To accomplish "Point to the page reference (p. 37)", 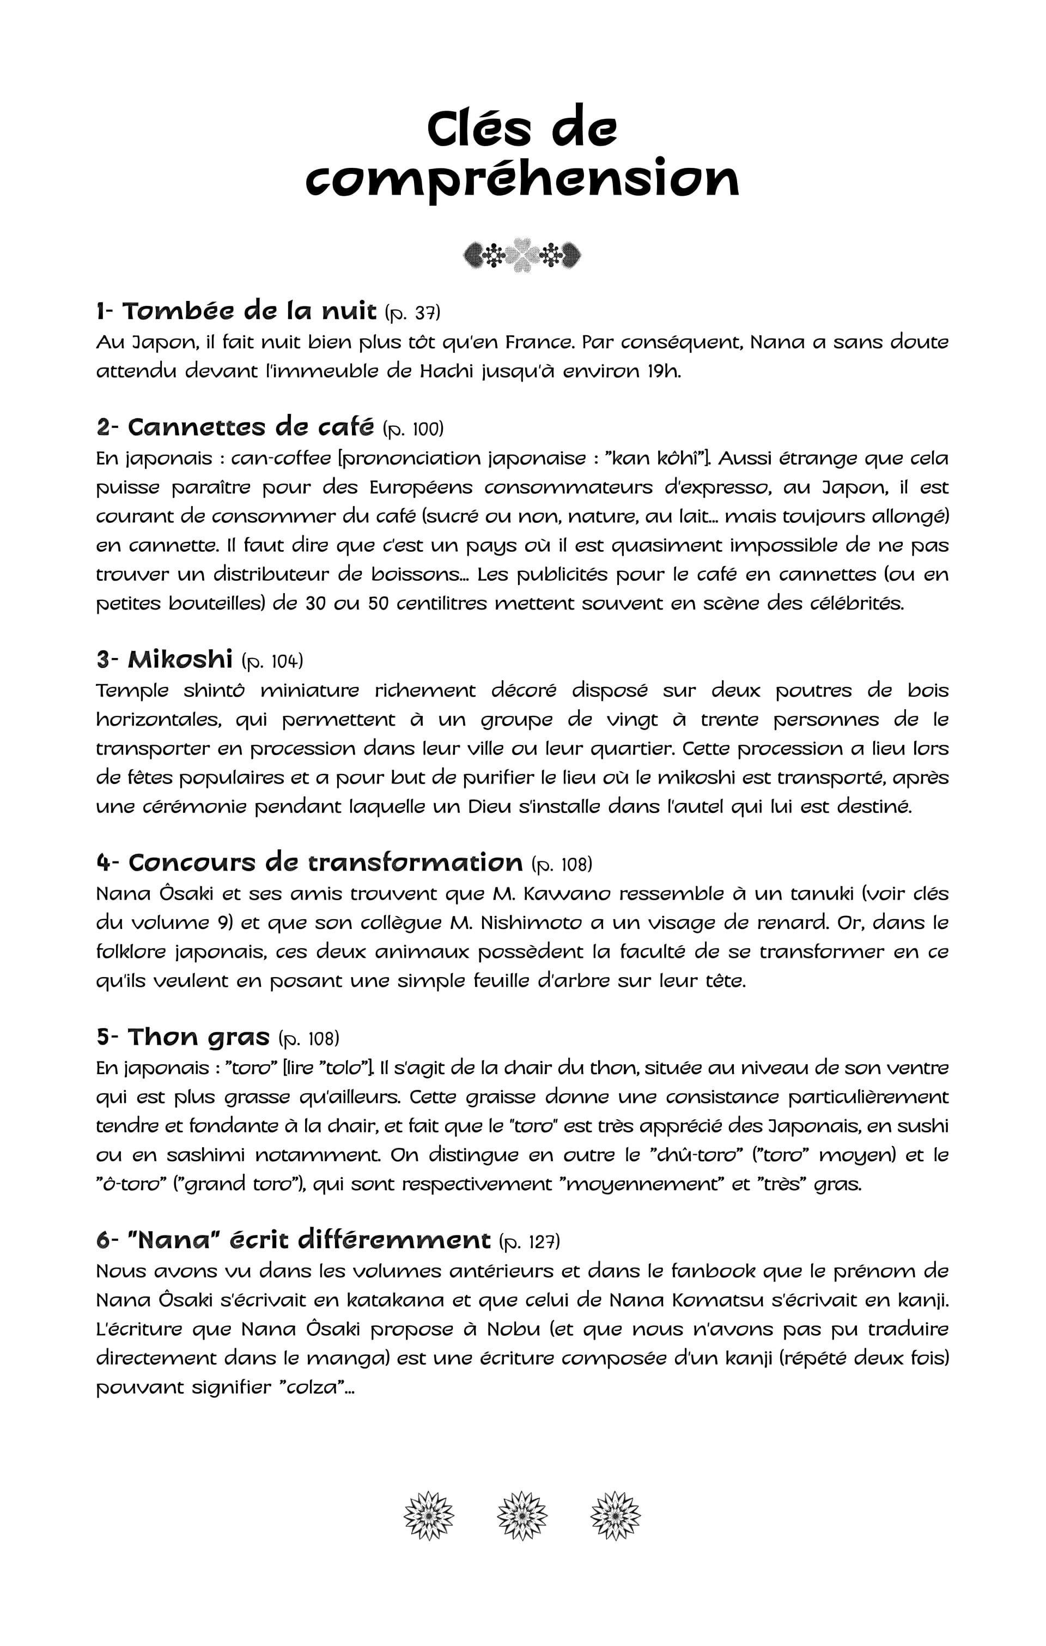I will (412, 313).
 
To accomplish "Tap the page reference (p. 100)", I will (413, 429).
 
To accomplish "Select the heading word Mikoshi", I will (180, 659).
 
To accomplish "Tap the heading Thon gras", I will (199, 1036).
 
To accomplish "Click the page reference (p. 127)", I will (530, 1241).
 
